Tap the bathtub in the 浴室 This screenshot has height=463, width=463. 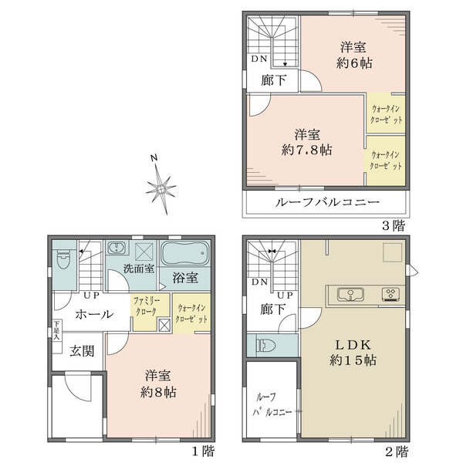[x=184, y=254]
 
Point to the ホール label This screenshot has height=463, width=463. [x=95, y=315]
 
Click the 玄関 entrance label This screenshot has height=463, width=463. [x=82, y=351]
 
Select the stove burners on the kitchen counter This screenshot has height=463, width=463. [x=390, y=294]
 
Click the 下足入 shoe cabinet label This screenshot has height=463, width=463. [x=57, y=331]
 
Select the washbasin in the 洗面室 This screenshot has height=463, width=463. [x=117, y=249]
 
